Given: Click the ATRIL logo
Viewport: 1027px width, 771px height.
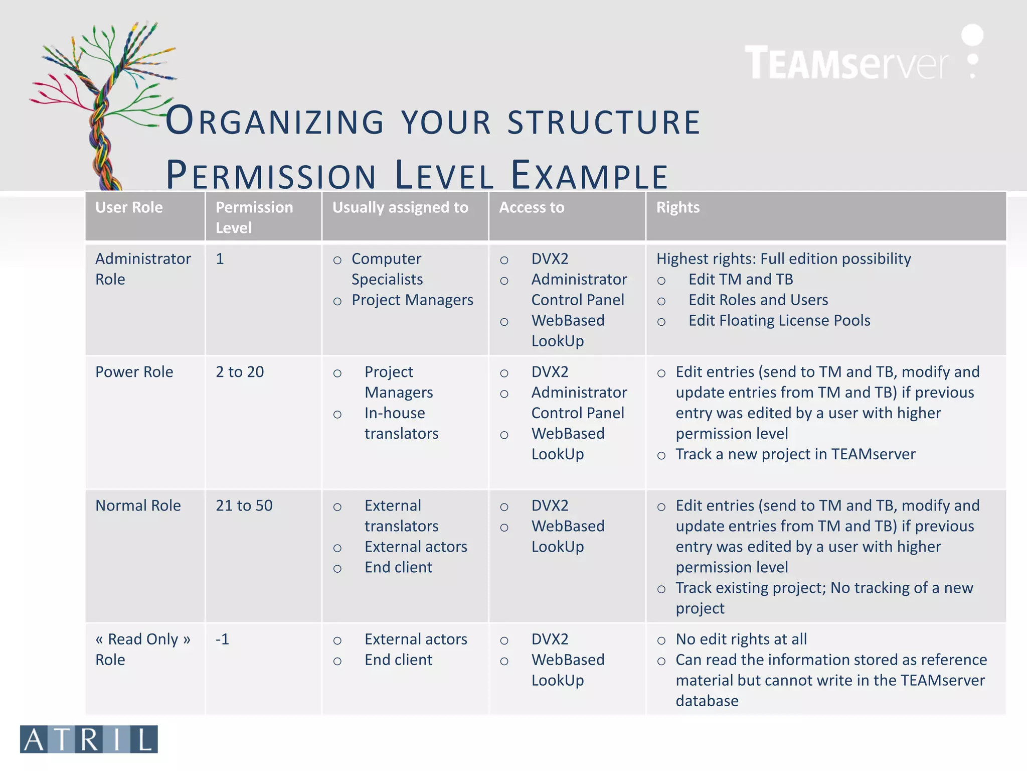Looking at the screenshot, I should coord(89,739).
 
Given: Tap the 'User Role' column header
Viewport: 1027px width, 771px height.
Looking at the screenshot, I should coord(129,207).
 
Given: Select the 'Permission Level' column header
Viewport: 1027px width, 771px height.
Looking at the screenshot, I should coord(254,217).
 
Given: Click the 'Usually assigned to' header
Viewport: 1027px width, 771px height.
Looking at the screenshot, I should coord(400,207).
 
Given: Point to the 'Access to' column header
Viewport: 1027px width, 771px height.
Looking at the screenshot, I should coord(532,207).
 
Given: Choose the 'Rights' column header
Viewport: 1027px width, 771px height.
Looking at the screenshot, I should coord(677,207).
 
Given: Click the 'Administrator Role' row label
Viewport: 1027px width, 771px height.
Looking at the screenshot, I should coord(143,269).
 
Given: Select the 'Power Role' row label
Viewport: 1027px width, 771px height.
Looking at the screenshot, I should coord(134,372).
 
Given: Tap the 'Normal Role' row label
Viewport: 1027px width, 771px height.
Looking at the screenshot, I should coord(138,505).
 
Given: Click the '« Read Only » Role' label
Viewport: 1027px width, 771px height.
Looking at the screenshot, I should coord(143,649).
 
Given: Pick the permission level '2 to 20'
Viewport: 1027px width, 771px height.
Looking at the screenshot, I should coord(240,372).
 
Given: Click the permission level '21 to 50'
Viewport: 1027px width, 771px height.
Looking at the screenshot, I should coord(244,505).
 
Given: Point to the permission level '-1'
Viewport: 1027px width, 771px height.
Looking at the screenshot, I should coord(222,639).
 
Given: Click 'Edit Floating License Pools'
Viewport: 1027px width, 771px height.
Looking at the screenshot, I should coord(779,320).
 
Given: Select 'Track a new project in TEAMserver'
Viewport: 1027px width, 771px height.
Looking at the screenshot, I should coord(795,454).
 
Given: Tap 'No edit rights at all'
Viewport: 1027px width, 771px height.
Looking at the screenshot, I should coord(741,639).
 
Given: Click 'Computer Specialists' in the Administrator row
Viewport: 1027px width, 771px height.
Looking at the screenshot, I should coord(387,269).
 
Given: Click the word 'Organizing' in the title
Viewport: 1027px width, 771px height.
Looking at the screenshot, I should coord(275,121).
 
